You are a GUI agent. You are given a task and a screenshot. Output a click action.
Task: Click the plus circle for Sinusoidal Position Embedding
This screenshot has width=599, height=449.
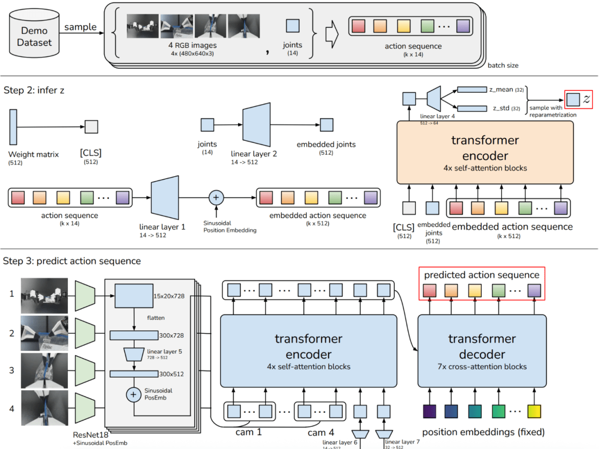click(x=216, y=198)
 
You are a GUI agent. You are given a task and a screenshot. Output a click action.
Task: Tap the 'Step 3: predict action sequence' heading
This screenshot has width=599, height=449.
click(x=72, y=260)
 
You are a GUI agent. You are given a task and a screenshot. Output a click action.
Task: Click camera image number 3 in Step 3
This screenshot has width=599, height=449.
click(x=44, y=370)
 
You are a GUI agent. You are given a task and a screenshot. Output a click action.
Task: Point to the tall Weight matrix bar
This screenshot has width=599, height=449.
click(x=13, y=127)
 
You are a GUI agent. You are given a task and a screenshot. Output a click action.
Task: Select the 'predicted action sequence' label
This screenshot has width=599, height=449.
click(x=481, y=275)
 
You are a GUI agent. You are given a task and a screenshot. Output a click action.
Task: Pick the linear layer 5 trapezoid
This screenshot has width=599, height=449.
click(x=133, y=354)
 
